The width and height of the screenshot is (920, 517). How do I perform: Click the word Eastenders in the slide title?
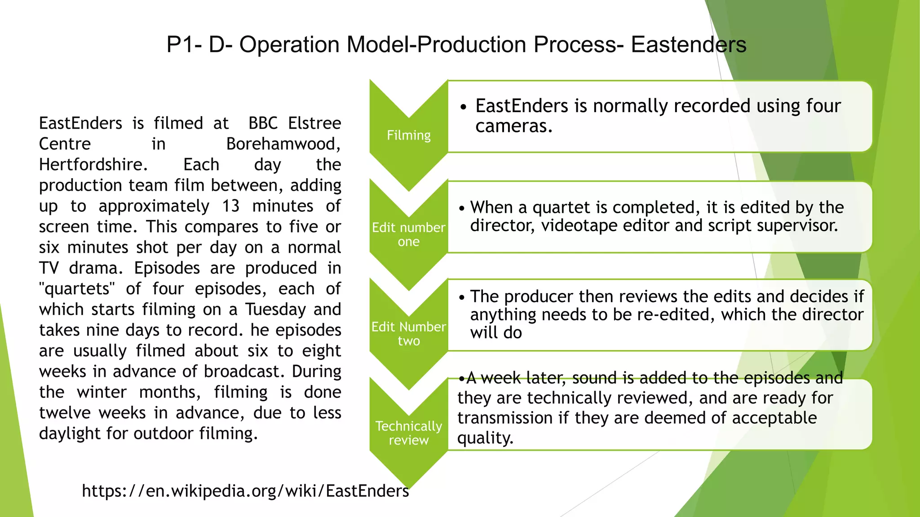pos(688,45)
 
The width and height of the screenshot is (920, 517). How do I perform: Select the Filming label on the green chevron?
pos(408,135)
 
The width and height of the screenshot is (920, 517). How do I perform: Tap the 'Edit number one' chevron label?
pos(408,234)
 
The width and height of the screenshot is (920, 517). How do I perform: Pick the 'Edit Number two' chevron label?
pos(408,333)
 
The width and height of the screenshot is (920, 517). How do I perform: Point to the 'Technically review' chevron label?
pos(408,433)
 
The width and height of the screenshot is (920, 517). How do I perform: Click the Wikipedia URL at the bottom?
pos(245,491)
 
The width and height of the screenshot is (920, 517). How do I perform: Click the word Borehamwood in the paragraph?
pos(283,144)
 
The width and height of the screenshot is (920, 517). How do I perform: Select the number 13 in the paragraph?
pos(231,206)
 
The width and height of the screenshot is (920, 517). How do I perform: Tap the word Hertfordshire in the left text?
pos(93,165)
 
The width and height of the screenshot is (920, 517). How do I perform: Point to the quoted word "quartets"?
pos(77,289)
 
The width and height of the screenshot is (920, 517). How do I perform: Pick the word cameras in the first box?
pos(513,126)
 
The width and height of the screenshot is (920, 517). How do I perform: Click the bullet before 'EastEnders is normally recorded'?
pos(464,107)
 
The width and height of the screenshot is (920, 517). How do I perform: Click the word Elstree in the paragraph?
pos(314,123)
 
